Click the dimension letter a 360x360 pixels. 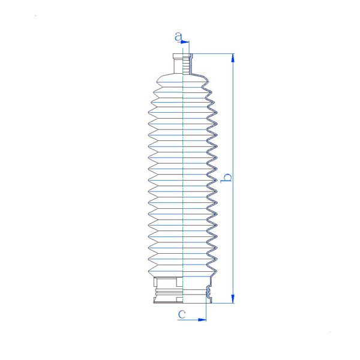pos(178,37)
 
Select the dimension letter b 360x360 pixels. pos(226,178)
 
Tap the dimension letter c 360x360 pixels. pos(182,314)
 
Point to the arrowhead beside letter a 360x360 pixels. pos(185,42)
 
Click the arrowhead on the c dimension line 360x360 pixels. pos(202,320)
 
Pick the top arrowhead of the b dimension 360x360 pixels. pos(233,58)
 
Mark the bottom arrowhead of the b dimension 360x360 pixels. pos(233,299)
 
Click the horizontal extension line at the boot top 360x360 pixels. pos(213,54)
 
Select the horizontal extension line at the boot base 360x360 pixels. pos(223,303)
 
